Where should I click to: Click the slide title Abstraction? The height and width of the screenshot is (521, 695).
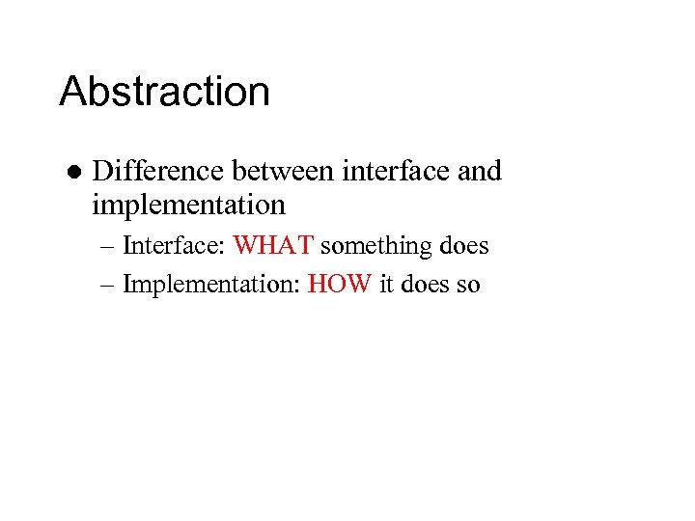click(164, 93)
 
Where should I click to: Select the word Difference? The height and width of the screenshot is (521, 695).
click(154, 171)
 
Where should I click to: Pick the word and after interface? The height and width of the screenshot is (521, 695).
click(480, 171)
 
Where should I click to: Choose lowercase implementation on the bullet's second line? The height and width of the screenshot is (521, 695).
click(189, 206)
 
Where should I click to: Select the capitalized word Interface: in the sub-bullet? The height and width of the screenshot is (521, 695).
click(175, 246)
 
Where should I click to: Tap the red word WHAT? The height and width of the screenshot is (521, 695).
click(273, 246)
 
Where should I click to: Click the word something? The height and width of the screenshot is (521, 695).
click(376, 246)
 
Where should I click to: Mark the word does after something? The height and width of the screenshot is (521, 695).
click(463, 246)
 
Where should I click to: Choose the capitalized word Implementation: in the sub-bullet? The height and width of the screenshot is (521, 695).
click(211, 286)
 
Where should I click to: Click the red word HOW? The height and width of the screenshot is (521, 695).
click(340, 286)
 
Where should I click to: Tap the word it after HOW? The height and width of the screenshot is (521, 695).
click(386, 286)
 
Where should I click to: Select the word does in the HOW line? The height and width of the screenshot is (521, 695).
click(426, 286)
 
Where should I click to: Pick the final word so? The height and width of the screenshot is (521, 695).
click(469, 287)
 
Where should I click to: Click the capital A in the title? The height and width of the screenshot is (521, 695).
click(74, 93)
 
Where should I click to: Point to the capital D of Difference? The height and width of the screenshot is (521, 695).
click(103, 172)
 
